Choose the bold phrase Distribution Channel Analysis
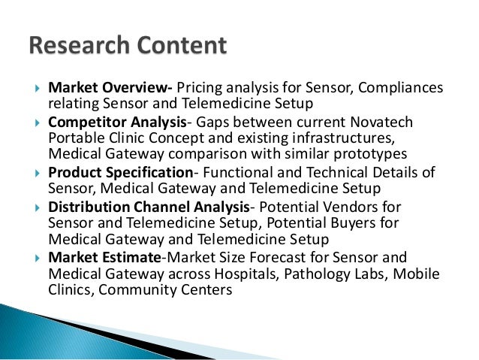coord(149,206)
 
